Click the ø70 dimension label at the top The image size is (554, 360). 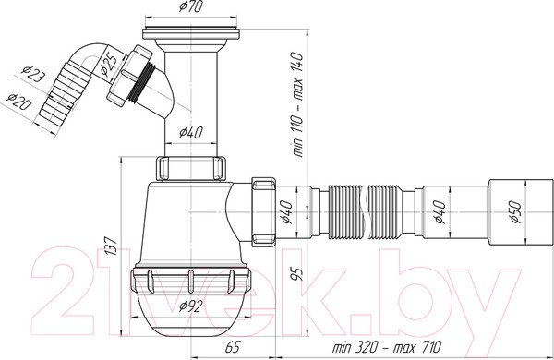[x=191, y=6]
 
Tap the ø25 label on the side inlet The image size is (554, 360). [x=107, y=66]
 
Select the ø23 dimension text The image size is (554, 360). [x=33, y=74]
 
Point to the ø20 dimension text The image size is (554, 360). [x=19, y=102]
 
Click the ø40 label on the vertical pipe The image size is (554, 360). [x=191, y=133]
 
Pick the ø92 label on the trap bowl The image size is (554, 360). [x=191, y=306]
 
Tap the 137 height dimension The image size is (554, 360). [x=111, y=246]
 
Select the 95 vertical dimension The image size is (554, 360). [x=298, y=274]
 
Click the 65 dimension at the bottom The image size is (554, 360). [x=232, y=347]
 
